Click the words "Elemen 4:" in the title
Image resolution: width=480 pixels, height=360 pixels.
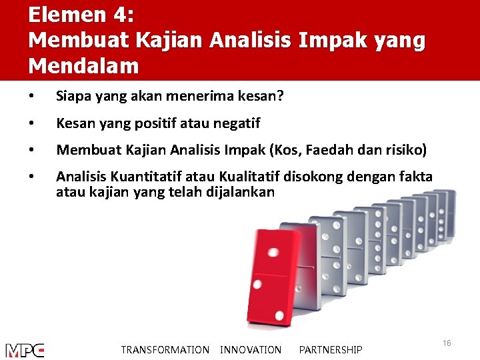click(x=81, y=15)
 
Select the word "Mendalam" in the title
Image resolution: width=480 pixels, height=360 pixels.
click(x=84, y=65)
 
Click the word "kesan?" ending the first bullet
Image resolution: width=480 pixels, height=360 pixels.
click(x=262, y=97)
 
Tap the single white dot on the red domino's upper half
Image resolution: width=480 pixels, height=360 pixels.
click(x=273, y=253)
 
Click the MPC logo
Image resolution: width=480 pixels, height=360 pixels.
click(x=25, y=350)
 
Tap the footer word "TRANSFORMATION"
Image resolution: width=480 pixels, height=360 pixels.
click(x=165, y=350)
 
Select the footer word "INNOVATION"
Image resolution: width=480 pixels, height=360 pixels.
click(x=251, y=350)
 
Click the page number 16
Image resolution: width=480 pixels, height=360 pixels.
click(x=447, y=343)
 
